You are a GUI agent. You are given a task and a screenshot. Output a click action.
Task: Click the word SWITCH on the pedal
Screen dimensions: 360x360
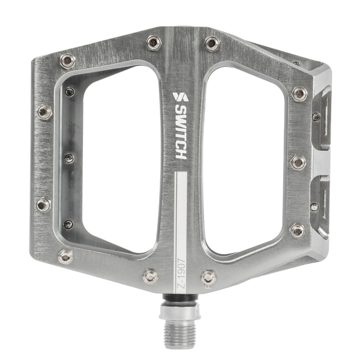180,132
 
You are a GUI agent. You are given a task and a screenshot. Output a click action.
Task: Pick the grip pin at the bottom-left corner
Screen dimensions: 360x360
66,256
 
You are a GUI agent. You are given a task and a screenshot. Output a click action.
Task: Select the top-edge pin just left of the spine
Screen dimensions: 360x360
154,43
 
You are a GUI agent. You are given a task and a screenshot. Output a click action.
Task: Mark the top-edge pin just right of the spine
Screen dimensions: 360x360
212,44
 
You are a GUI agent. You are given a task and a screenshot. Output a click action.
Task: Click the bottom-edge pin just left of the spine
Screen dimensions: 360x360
150,276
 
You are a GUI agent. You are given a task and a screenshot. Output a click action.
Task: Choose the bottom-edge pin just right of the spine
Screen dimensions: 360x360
208,277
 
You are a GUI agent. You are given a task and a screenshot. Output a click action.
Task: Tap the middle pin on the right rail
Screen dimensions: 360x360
298,162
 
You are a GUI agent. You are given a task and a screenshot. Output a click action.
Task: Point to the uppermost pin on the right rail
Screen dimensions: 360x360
299,94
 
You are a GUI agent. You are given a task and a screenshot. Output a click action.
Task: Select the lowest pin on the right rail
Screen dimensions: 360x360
297,230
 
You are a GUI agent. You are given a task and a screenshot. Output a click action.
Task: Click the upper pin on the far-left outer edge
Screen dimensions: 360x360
44,112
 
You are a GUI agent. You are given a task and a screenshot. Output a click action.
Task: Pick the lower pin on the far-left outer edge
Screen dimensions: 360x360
44,205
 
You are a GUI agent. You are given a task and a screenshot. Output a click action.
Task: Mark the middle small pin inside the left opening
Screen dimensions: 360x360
69,158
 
